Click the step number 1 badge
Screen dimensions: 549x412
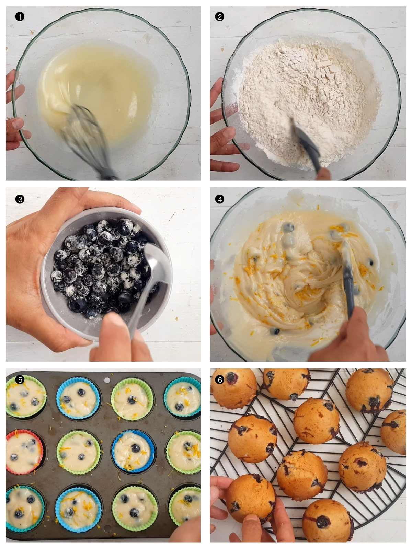[x=20, y=16]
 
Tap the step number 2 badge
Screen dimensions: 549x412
[x=219, y=16]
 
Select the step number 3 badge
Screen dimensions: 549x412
[x=20, y=199]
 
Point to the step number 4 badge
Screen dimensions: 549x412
[x=219, y=199]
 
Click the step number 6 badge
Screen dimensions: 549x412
[x=219, y=379]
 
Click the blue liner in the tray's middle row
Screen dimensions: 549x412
[x=133, y=452]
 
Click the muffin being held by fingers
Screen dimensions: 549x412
[x=251, y=498]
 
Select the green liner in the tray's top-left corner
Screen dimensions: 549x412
[x=26, y=396]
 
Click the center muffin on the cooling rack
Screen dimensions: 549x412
[x=316, y=420]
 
